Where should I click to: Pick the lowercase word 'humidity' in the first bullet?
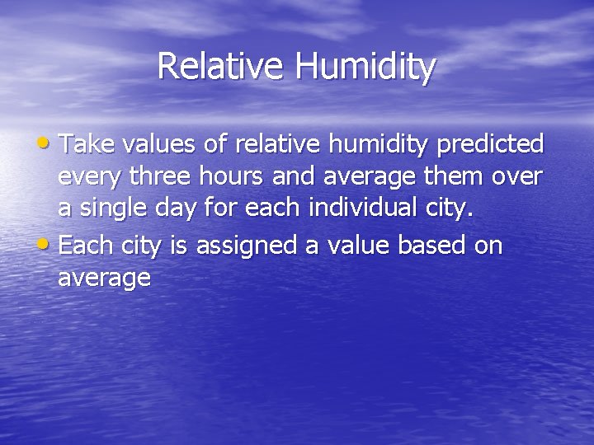[x=379, y=146]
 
